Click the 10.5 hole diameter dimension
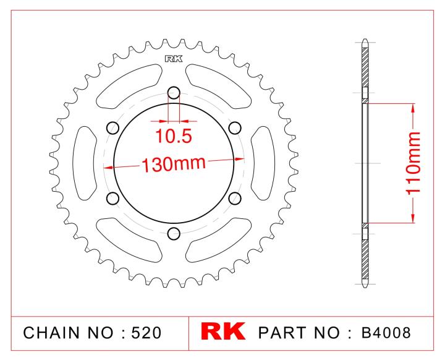tap(174, 136)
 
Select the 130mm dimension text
tap(174, 165)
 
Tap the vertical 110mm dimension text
tap(413, 163)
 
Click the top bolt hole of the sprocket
tap(174, 92)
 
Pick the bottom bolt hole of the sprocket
tap(174, 234)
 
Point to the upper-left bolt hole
tap(112, 128)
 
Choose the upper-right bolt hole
tap(235, 128)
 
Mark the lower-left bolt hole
tap(112, 199)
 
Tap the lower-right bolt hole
tap(235, 199)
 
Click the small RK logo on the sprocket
tap(174, 59)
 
